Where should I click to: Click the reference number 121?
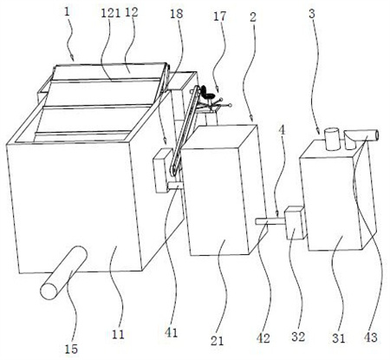[111, 13]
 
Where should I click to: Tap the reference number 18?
[176, 14]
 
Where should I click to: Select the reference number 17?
[219, 16]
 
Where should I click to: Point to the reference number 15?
[71, 349]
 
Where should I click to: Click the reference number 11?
[118, 335]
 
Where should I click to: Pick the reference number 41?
[171, 333]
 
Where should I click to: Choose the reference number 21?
[217, 341]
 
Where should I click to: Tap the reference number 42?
[263, 338]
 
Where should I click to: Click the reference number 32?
[298, 337]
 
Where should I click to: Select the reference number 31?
[339, 338]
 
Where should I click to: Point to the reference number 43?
[371, 337]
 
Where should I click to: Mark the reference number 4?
[282, 130]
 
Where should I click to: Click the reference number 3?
[312, 14]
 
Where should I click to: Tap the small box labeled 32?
[295, 223]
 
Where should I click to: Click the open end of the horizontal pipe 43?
[375, 135]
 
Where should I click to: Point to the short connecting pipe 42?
[270, 222]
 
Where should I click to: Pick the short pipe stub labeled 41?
[174, 186]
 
